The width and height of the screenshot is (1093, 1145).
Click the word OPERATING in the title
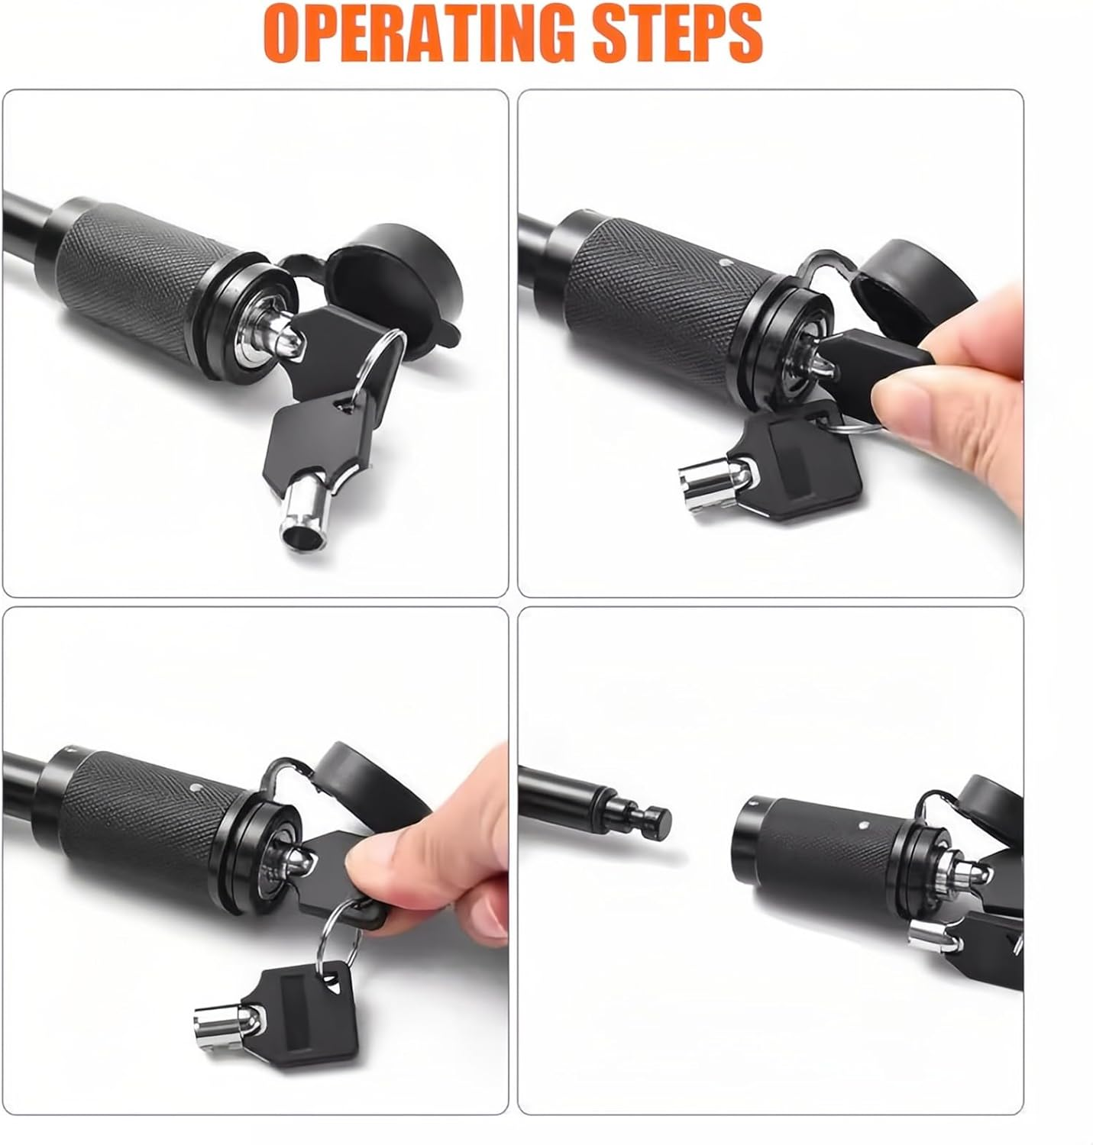(x=419, y=33)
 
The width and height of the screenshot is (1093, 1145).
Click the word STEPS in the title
(x=677, y=33)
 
